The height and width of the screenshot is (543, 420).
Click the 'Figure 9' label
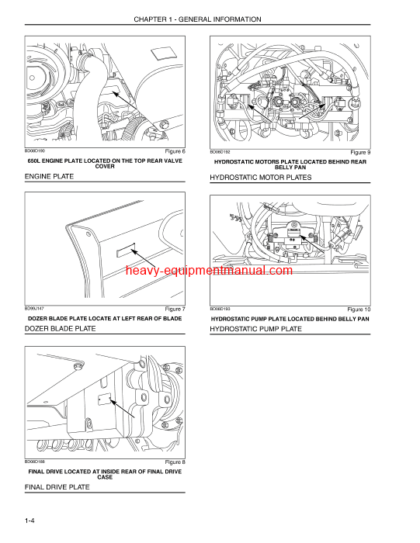click(360, 151)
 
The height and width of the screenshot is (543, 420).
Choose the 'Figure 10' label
click(359, 310)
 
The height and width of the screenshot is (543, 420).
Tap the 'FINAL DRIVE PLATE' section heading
click(57, 487)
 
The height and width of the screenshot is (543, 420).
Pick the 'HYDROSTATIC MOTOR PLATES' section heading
click(260, 178)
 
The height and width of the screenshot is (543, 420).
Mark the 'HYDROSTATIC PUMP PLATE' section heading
click(255, 329)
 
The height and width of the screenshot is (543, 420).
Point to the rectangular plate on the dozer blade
click(126, 252)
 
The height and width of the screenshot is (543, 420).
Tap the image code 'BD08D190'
click(36, 150)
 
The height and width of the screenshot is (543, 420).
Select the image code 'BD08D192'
click(221, 151)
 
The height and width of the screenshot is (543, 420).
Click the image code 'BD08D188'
click(36, 462)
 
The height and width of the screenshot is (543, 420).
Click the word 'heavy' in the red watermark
click(143, 271)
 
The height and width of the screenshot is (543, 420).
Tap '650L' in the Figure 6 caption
click(37, 161)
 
